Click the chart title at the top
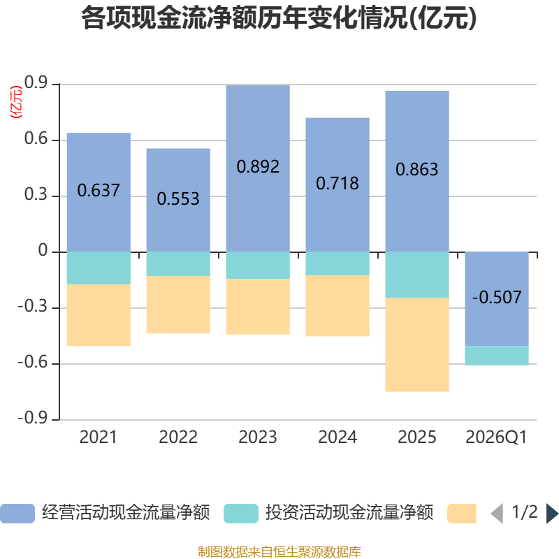(279, 18)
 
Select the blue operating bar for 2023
(258, 168)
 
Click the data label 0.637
(99, 190)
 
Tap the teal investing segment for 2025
(416, 275)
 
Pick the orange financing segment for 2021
(99, 315)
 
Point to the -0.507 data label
(497, 297)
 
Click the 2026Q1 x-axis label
(496, 437)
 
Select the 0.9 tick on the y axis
(36, 82)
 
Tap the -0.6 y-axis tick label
(33, 363)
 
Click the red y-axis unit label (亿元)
(16, 102)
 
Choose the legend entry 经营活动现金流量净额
(106, 513)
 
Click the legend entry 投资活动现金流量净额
(328, 513)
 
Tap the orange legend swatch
(462, 514)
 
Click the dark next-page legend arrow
(552, 514)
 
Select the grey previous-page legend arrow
(497, 514)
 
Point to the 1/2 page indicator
(525, 512)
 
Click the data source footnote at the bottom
(279, 551)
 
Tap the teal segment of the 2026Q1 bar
(497, 356)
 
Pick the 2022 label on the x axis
(178, 437)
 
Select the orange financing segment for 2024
(337, 305)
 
